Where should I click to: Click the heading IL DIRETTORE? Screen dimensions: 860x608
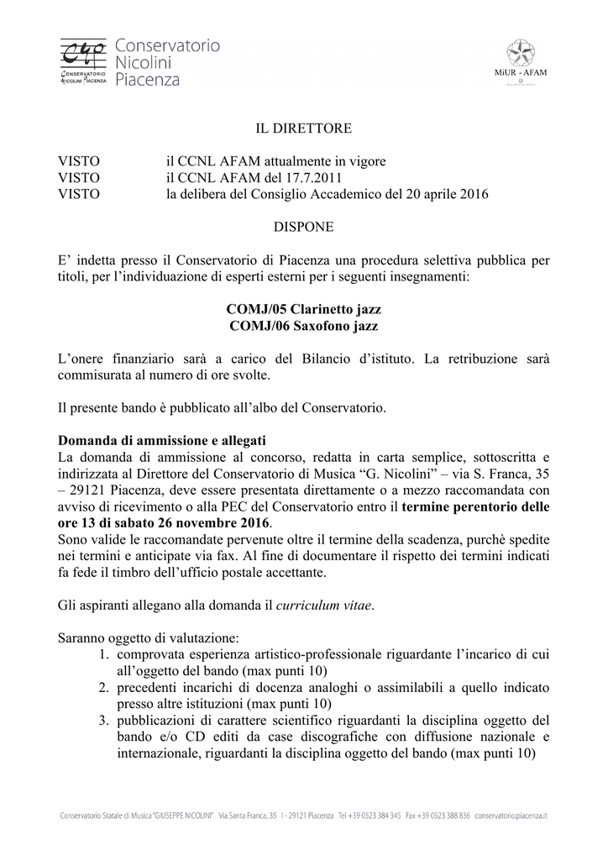[x=303, y=128]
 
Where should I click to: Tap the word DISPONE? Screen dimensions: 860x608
[x=303, y=227]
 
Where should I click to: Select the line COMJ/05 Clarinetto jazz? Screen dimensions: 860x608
[x=303, y=311]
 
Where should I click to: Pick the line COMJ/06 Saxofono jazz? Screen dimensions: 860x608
[x=303, y=327]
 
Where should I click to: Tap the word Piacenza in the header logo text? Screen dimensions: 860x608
[x=148, y=80]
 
